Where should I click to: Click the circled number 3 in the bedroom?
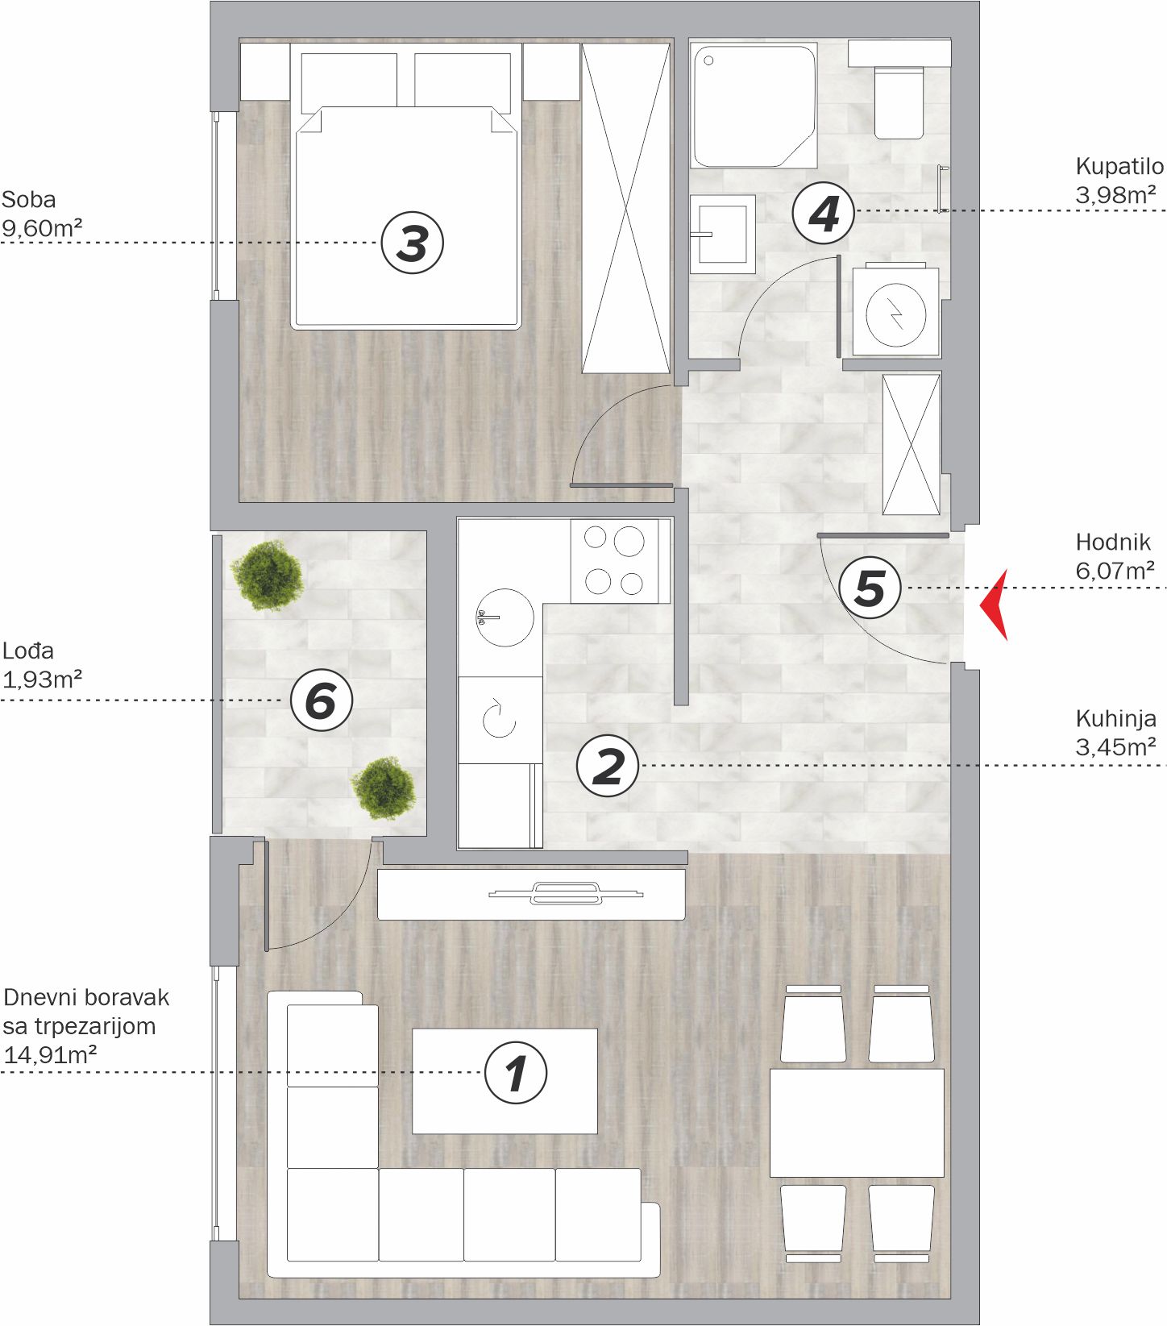(412, 242)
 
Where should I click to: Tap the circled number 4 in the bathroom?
(823, 214)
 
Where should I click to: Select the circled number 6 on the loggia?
(321, 700)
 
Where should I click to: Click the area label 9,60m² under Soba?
(42, 228)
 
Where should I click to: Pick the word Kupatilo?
(1119, 167)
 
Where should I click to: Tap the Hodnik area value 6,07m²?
(1115, 571)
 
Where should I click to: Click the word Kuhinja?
(1115, 718)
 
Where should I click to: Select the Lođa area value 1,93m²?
(42, 680)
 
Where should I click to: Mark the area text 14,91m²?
(50, 1054)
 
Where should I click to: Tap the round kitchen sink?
(505, 617)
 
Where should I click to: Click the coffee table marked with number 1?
(505, 1081)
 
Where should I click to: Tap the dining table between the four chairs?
(857, 1123)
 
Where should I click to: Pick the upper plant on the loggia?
(267, 576)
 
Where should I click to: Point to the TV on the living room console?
(566, 892)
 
